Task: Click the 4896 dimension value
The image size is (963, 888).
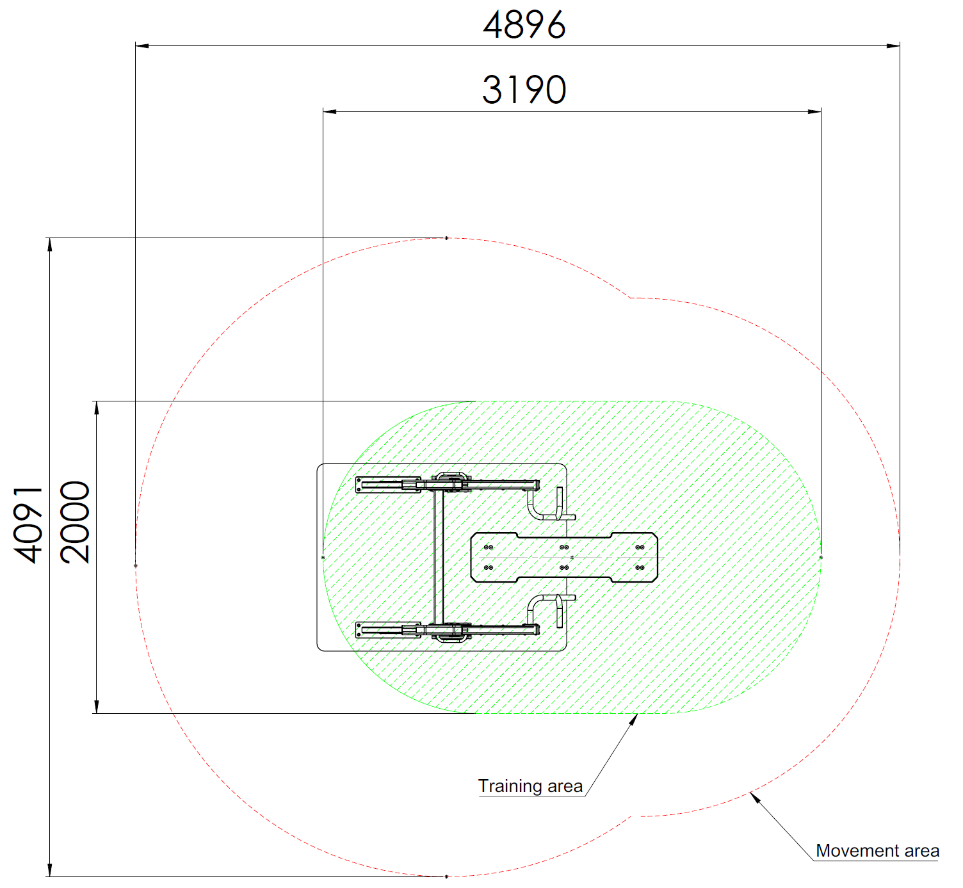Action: click(x=524, y=25)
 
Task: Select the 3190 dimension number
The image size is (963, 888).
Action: click(x=524, y=90)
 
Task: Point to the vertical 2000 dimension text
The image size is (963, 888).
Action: click(x=75, y=522)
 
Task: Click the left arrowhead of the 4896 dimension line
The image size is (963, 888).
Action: click(x=142, y=46)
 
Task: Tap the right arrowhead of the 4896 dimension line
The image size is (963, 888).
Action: click(x=893, y=46)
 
